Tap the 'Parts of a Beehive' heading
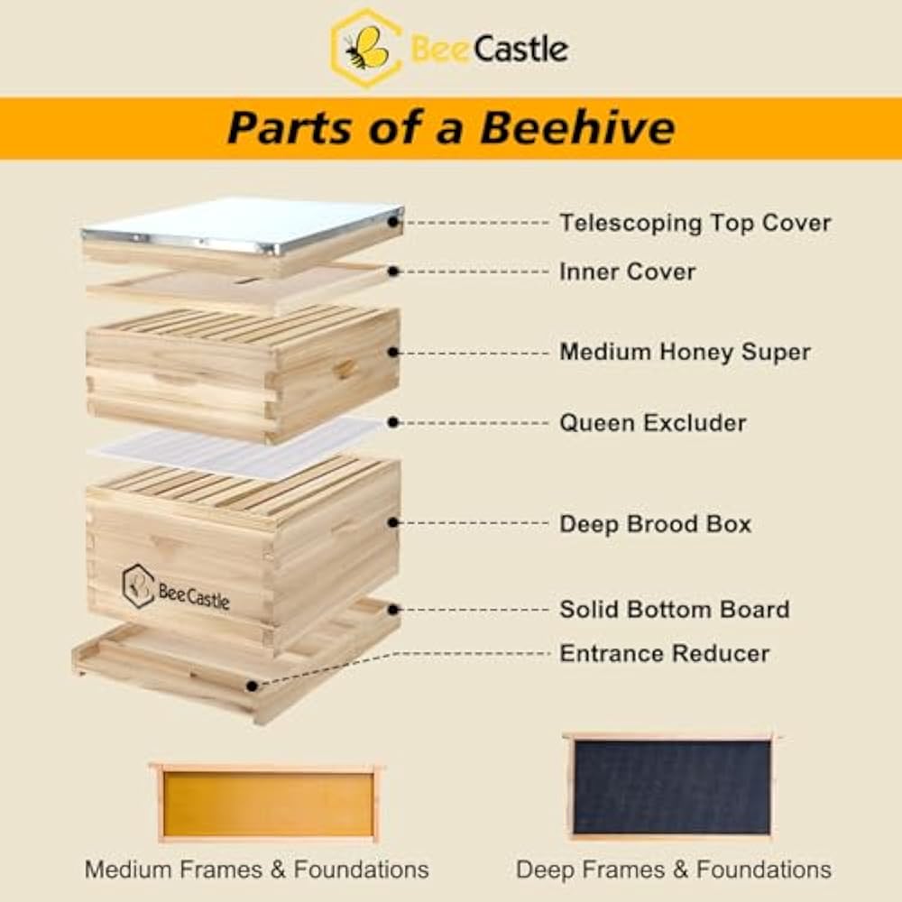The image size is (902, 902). tap(450, 127)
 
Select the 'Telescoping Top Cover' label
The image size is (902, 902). tap(695, 222)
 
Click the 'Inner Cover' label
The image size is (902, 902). tap(627, 272)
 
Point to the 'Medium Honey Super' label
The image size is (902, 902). tap(685, 352)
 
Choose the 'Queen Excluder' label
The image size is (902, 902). tap(652, 422)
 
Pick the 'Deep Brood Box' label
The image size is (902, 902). tap(655, 524)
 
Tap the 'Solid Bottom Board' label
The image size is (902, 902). tap(674, 609)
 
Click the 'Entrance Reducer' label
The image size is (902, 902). tap(664, 653)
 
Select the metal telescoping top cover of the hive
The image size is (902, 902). tap(244, 221)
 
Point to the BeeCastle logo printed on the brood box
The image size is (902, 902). tap(177, 589)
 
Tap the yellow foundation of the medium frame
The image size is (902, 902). tap(268, 804)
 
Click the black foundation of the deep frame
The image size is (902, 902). tap(672, 787)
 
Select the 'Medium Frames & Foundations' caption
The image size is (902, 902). tap(256, 870)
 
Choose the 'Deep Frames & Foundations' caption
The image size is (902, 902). tap(673, 870)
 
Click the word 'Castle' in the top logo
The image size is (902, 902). tap(520, 49)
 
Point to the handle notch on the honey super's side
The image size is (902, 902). tap(344, 368)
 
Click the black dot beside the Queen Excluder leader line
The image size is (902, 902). tap(394, 421)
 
